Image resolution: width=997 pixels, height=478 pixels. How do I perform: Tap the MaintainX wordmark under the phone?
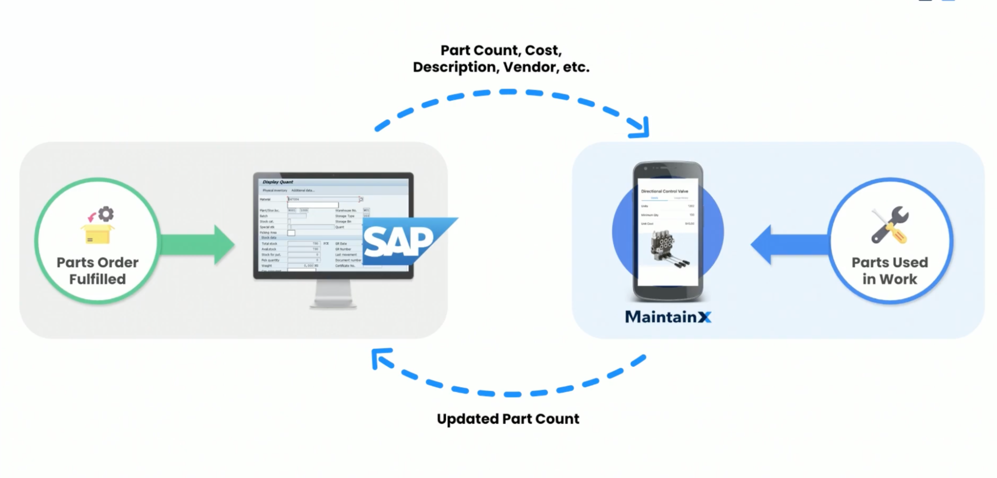point(667,316)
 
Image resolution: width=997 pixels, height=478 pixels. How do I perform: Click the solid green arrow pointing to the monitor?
point(199,244)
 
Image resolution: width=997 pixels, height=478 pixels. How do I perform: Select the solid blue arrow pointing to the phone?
point(788,244)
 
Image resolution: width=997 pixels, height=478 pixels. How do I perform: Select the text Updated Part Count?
point(508,419)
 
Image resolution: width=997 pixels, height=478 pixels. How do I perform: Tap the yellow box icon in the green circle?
point(97,234)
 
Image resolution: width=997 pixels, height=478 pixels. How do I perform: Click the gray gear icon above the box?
point(106,214)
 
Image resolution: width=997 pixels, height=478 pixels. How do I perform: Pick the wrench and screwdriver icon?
point(890,225)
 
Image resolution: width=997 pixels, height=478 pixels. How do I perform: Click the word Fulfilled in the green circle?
point(97,279)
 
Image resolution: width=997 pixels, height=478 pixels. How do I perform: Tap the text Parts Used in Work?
point(890,270)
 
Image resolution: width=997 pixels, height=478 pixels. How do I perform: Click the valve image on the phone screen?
point(667,248)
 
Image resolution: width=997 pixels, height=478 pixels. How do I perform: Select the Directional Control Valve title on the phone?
point(664,191)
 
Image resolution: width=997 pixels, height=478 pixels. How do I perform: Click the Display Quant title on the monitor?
point(278,182)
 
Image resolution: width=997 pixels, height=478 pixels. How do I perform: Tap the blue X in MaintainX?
point(704,317)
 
